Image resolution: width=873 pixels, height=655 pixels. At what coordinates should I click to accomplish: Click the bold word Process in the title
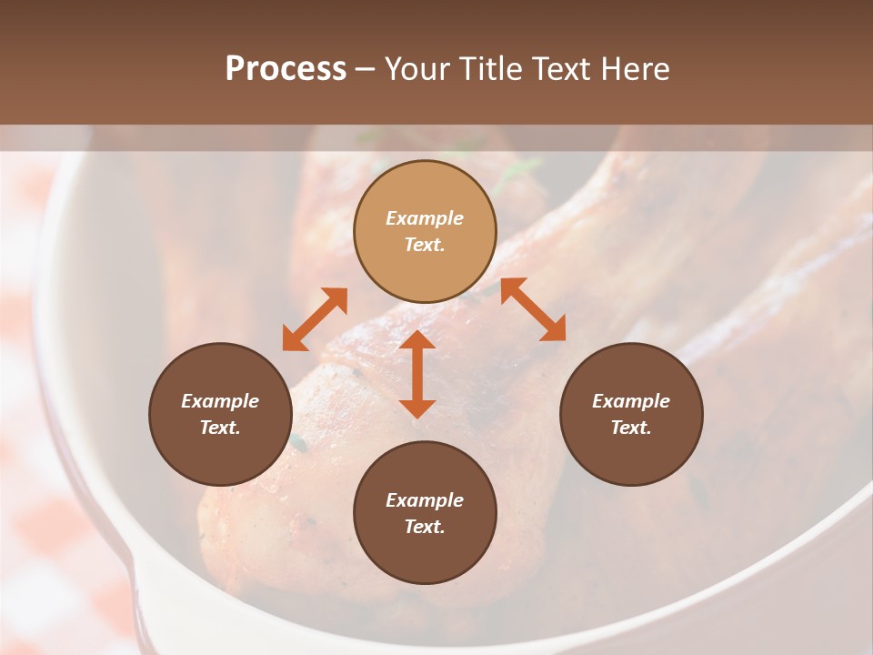(286, 69)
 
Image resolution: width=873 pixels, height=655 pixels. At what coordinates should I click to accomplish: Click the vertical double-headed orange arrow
(417, 374)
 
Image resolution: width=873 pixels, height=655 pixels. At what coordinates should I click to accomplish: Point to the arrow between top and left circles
(315, 319)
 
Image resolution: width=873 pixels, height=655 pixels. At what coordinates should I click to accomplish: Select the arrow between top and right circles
(534, 309)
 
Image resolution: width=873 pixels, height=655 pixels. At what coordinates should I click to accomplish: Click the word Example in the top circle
(425, 218)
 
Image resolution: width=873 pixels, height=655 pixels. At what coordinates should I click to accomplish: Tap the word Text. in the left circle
(220, 428)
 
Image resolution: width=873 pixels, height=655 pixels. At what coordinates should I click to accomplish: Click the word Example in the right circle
(631, 401)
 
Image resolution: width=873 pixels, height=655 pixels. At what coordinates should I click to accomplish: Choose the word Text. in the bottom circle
(425, 527)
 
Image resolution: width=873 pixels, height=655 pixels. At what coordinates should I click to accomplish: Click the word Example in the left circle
(220, 401)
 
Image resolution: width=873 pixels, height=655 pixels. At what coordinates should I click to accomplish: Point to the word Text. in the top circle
(425, 245)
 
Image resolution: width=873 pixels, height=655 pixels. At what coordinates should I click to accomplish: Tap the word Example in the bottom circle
(425, 500)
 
